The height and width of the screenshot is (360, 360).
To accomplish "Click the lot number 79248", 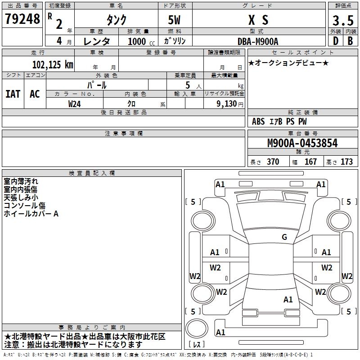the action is pyautogui.click(x=22, y=19).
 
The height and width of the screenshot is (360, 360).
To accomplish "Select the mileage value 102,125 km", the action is pyautogui.click(x=52, y=64).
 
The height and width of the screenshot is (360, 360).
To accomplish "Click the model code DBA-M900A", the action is pyautogui.click(x=258, y=41).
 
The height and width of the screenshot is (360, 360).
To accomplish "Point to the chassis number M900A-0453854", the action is pyautogui.click(x=302, y=144).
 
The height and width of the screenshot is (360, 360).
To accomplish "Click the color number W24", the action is pyautogui.click(x=75, y=103).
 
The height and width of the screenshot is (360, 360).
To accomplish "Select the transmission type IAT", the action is pyautogui.click(x=13, y=94).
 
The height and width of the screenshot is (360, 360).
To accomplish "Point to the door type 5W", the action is pyautogui.click(x=175, y=20).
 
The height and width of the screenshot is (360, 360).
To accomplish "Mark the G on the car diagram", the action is pyautogui.click(x=284, y=237).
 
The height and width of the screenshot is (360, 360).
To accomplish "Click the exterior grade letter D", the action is pyautogui.click(x=335, y=41).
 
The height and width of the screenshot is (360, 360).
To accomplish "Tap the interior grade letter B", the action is pyautogui.click(x=350, y=41).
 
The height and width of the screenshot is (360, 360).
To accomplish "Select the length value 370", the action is pyautogui.click(x=273, y=162).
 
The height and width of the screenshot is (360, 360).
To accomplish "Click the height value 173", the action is pyautogui.click(x=346, y=162).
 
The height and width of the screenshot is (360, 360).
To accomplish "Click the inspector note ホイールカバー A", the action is pyautogui.click(x=31, y=214).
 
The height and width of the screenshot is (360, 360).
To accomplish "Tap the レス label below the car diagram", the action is pyautogui.click(x=197, y=344).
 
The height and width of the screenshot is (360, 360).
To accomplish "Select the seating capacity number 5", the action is pyautogui.click(x=187, y=85).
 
